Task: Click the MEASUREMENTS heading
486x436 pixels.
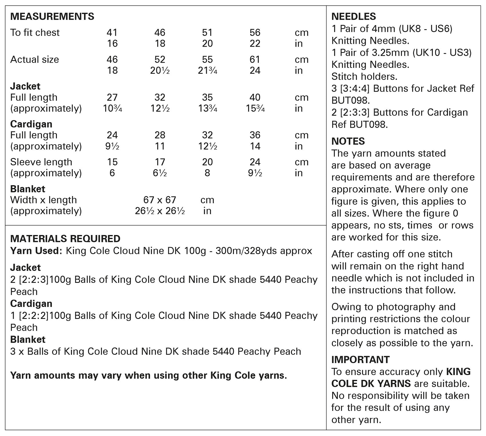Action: (52, 16)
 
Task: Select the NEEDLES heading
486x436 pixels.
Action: (354, 16)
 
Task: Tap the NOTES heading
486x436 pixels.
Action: (348, 141)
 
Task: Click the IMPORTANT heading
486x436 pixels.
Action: (360, 360)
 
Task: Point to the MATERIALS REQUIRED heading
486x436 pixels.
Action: (65, 238)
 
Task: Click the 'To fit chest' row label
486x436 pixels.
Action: (35, 32)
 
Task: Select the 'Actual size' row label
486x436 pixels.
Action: (35, 59)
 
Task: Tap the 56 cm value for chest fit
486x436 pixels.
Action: (255, 32)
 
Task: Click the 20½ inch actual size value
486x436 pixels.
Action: (160, 70)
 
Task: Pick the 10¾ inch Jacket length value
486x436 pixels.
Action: (112, 108)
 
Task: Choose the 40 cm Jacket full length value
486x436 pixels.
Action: (255, 97)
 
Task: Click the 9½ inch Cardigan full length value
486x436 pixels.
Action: (112, 146)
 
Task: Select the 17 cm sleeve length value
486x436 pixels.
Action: (160, 162)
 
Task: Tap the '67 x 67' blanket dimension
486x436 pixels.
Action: (160, 200)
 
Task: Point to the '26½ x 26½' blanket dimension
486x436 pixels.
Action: (160, 211)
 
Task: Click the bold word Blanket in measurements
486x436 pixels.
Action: (28, 189)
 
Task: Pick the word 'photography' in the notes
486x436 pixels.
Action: (416, 307)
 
